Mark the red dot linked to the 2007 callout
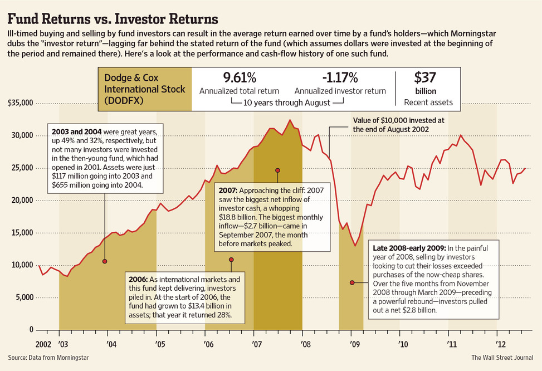(x=277, y=170)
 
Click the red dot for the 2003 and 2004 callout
(x=105, y=261)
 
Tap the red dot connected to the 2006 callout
(x=231, y=260)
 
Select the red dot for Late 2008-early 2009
(x=351, y=282)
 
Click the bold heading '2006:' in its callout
(x=140, y=279)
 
